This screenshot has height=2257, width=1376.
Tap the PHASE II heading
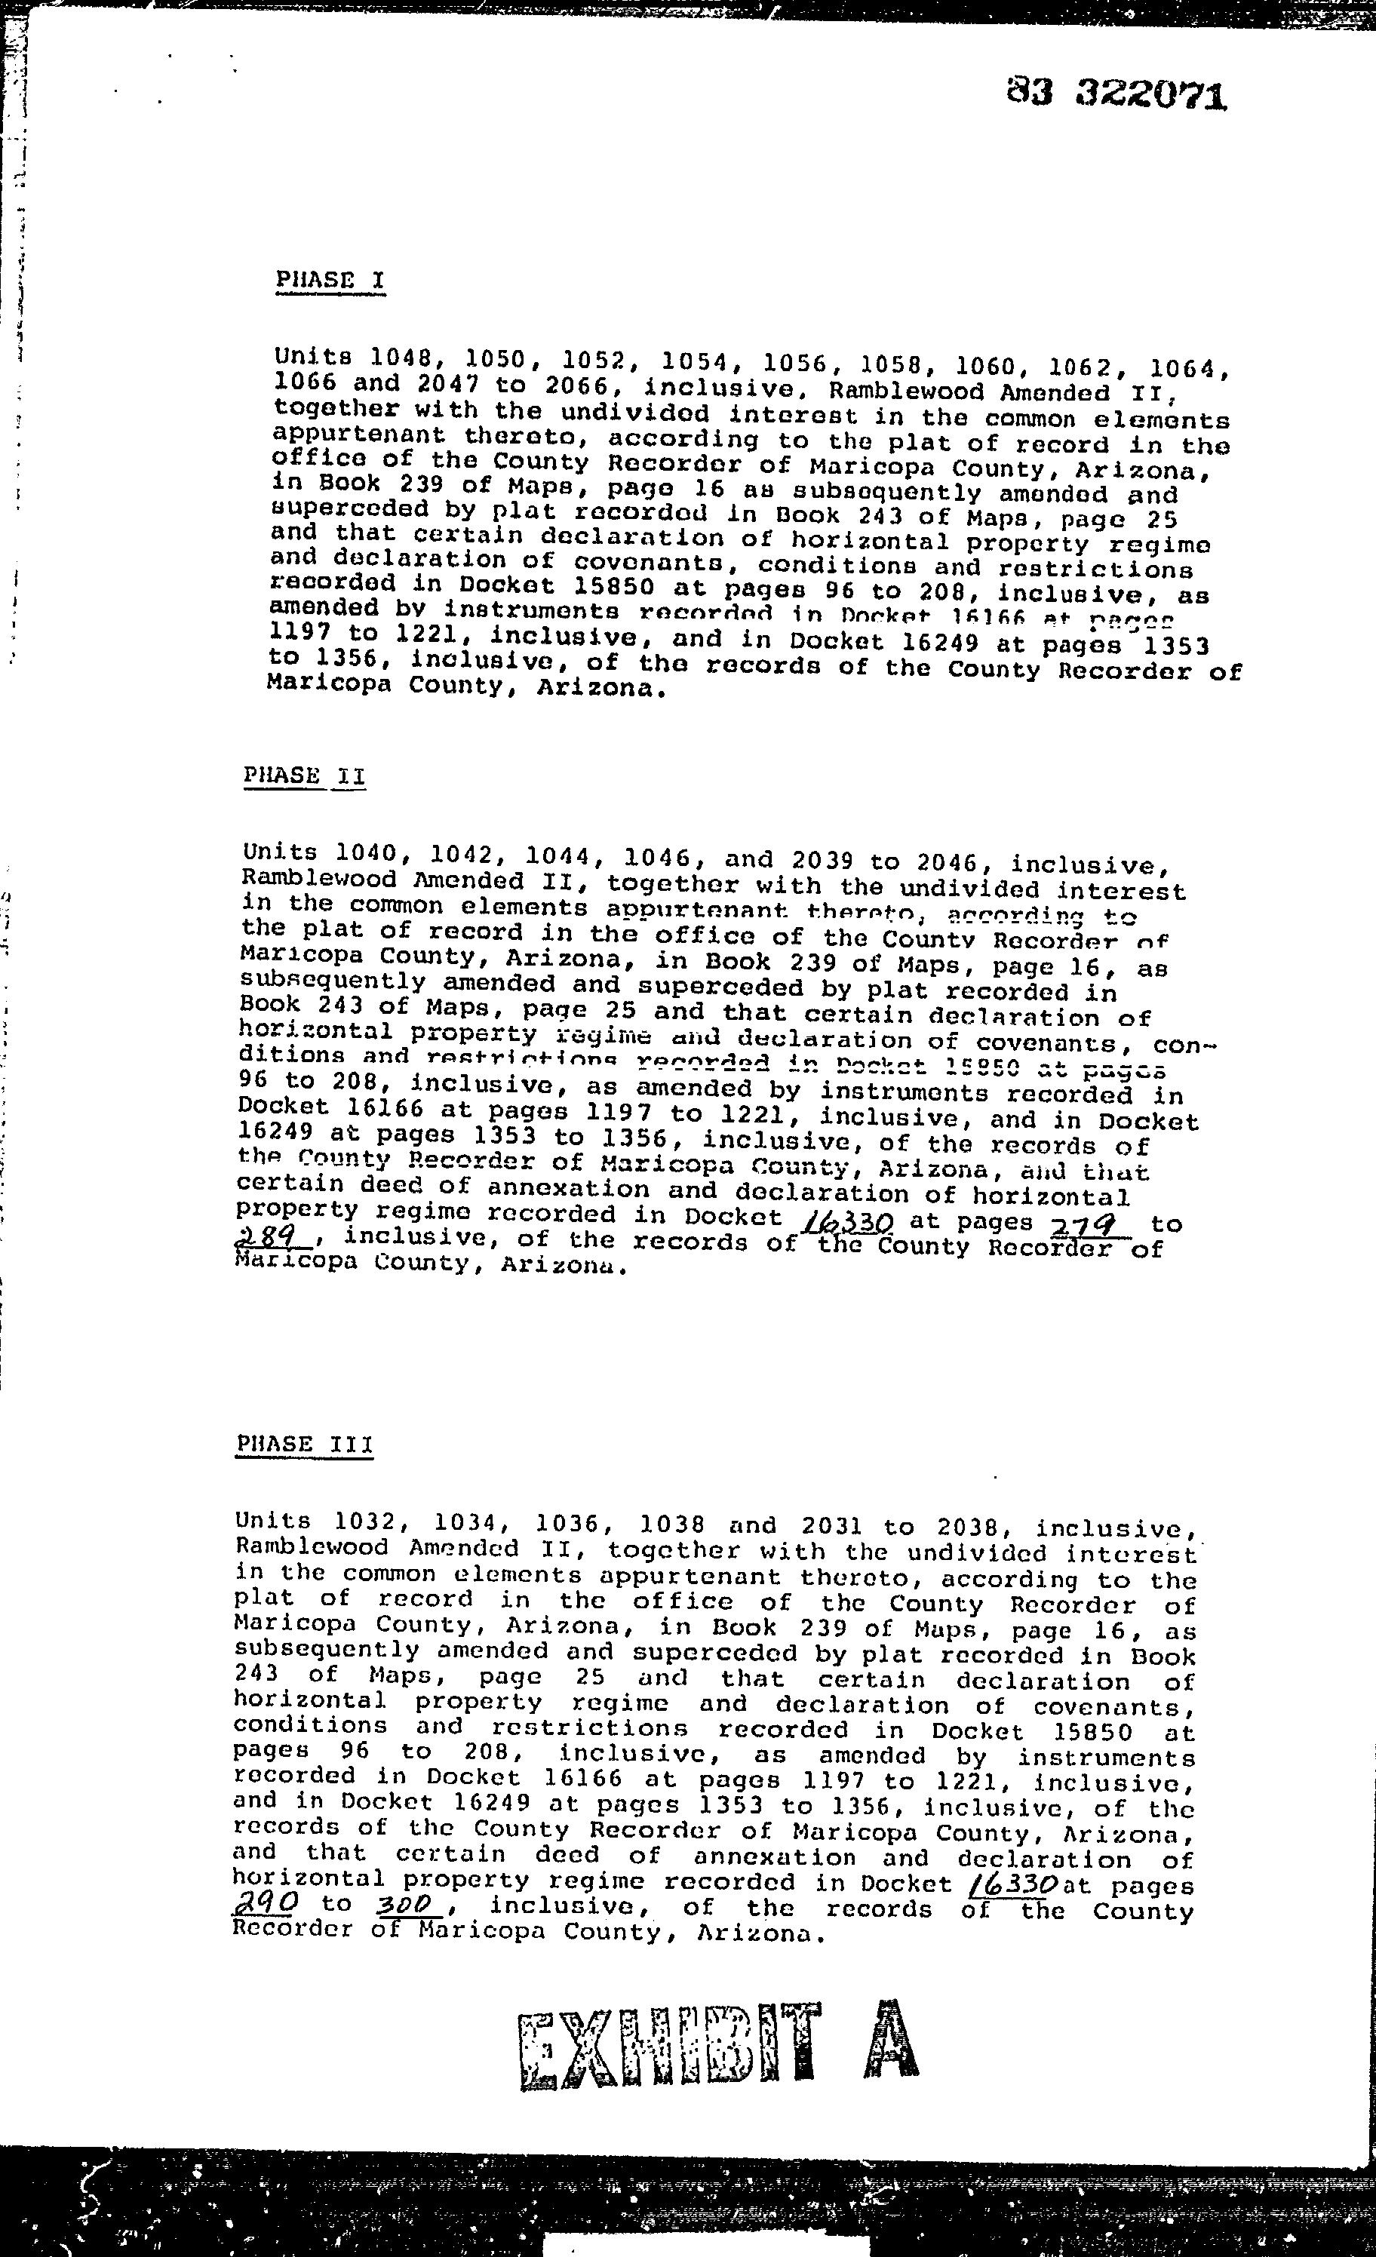point(304,775)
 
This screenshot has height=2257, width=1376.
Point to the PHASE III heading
point(304,1445)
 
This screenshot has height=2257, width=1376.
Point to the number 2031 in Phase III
point(832,1526)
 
